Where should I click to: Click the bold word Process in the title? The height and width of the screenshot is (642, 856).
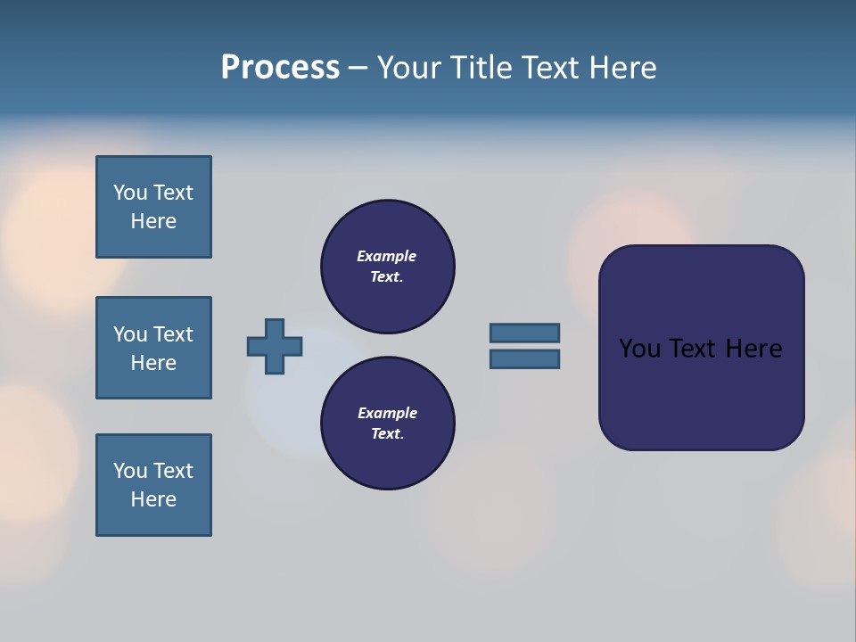[280, 68]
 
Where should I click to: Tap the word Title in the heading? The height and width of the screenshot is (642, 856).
[480, 68]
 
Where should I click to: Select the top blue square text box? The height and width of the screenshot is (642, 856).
[153, 207]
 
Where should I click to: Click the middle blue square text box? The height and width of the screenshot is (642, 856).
[153, 348]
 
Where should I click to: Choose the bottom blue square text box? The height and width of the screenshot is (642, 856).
[153, 485]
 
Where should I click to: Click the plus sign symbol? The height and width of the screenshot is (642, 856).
[275, 346]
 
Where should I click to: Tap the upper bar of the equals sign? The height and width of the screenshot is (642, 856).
[524, 333]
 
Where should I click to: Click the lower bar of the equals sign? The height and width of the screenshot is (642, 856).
[524, 358]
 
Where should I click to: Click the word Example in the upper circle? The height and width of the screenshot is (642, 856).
[386, 256]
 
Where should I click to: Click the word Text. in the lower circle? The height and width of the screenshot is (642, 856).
[387, 433]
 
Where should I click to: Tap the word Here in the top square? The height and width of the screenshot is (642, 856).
[153, 221]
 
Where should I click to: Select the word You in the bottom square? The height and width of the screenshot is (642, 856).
[130, 471]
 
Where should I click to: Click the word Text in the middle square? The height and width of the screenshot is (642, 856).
[173, 334]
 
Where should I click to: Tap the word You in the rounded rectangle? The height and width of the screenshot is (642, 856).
[640, 349]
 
